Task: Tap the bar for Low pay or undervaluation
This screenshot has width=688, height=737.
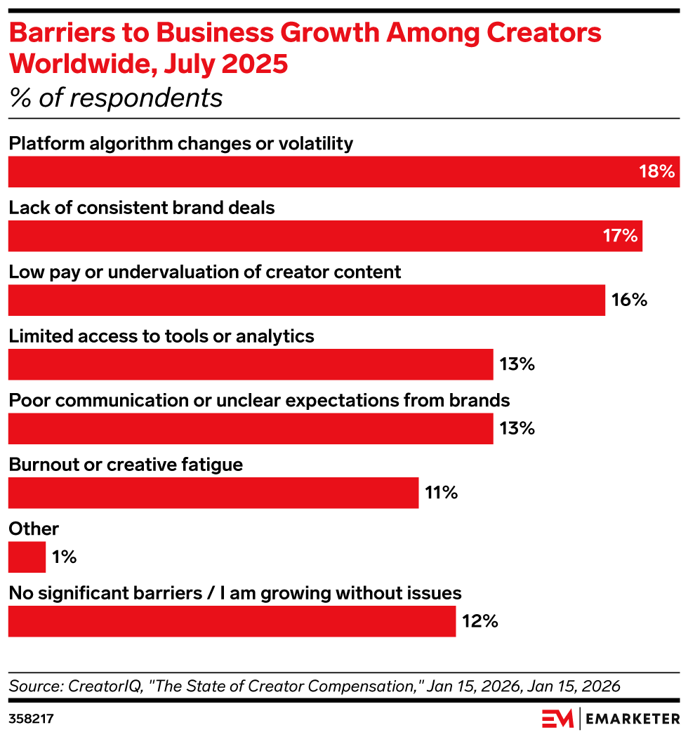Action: click(306, 300)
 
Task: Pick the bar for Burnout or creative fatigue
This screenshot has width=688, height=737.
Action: click(213, 493)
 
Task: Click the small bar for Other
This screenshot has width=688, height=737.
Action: click(27, 557)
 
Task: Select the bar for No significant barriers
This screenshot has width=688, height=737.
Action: click(232, 621)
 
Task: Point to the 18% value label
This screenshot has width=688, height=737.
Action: click(656, 171)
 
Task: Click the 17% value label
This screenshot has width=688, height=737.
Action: click(620, 236)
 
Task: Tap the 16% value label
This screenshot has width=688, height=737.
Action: click(629, 300)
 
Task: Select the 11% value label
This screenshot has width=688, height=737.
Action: click(442, 493)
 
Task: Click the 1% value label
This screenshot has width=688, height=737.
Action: click(64, 557)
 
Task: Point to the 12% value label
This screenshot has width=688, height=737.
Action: click(480, 621)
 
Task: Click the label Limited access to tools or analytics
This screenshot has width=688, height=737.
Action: click(161, 336)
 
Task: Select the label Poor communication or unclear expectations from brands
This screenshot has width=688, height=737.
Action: click(258, 400)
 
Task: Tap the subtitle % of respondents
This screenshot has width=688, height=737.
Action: click(116, 98)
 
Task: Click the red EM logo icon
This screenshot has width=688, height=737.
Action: click(557, 718)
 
